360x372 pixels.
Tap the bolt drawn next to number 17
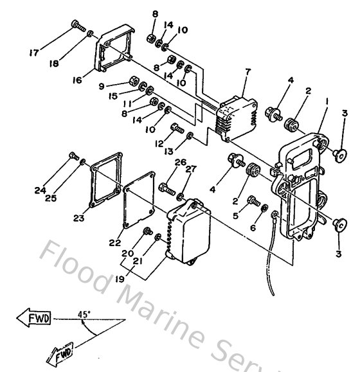78,26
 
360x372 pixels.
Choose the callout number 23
79,218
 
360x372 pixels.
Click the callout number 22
114,243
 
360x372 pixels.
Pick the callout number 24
41,190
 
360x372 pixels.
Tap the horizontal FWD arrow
34,317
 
